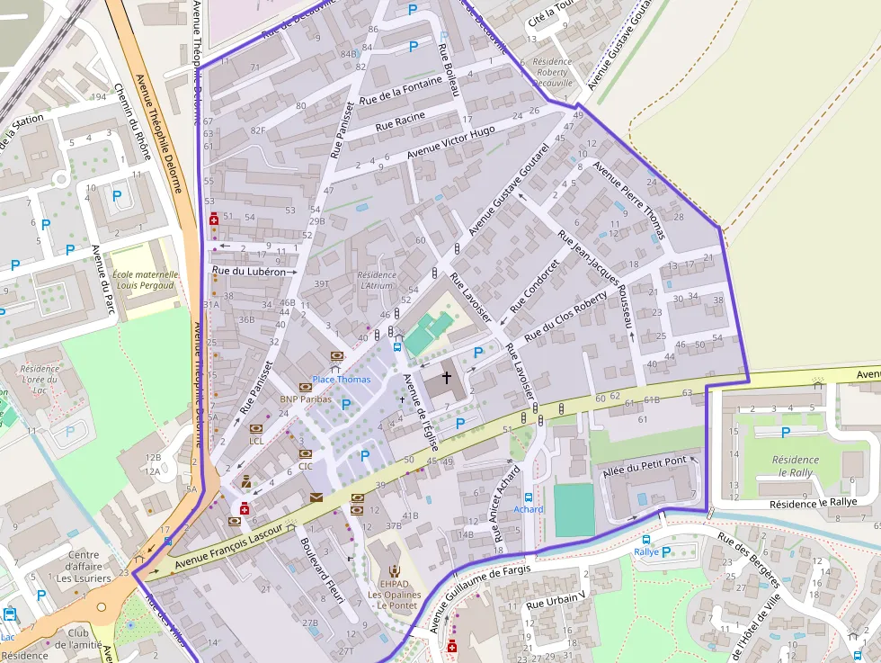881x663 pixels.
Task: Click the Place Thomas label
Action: pyautogui.click(x=341, y=380)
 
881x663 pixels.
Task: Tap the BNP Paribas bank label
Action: pyautogui.click(x=305, y=399)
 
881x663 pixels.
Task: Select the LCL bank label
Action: pyautogui.click(x=256, y=441)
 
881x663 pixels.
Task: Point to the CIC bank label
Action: pyautogui.click(x=305, y=466)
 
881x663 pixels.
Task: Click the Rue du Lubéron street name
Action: pyautogui.click(x=248, y=271)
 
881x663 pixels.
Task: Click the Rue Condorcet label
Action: pyautogui.click(x=534, y=286)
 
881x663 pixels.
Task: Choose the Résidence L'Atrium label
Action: pyautogui.click(x=376, y=280)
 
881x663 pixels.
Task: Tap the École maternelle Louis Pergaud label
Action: pyautogui.click(x=146, y=280)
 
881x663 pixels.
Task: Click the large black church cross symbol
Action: pyautogui.click(x=446, y=378)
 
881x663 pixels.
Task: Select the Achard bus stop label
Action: pyautogui.click(x=529, y=509)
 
